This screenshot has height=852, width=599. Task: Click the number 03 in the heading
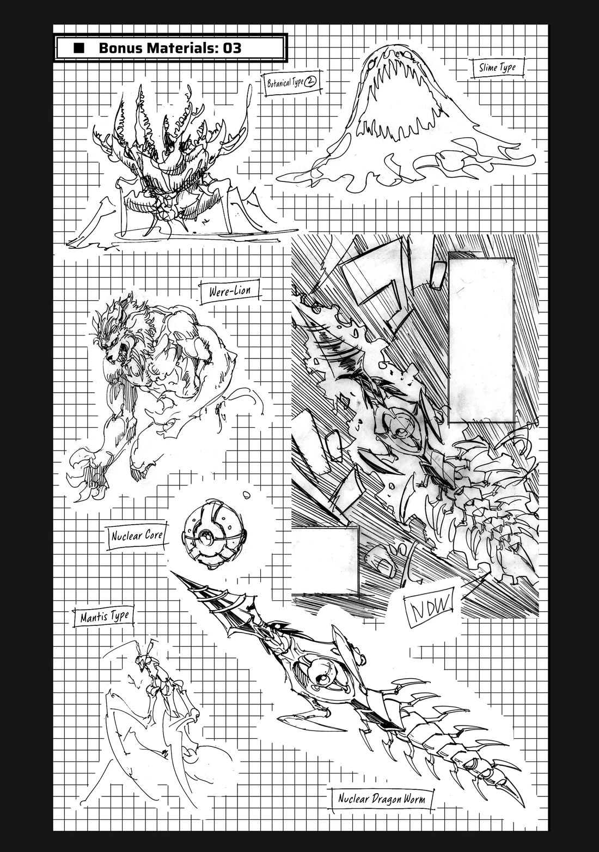[230, 48]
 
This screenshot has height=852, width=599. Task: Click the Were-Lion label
[230, 290]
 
